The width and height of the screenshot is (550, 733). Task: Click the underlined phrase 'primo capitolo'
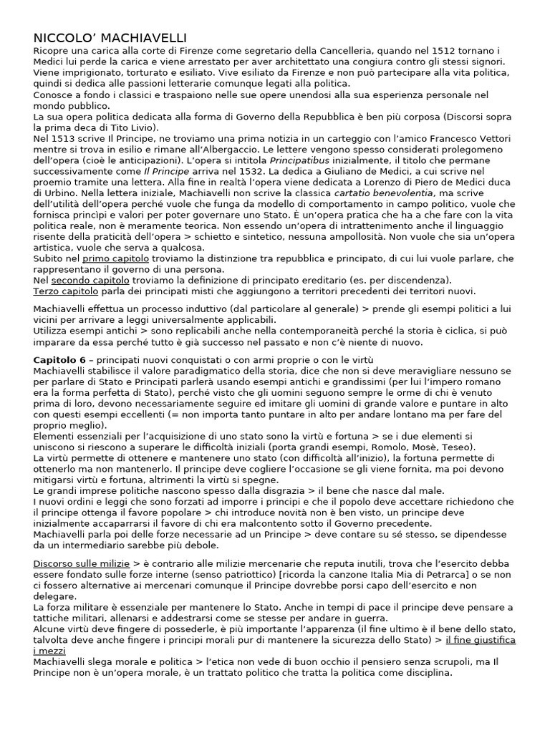click(116, 258)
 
